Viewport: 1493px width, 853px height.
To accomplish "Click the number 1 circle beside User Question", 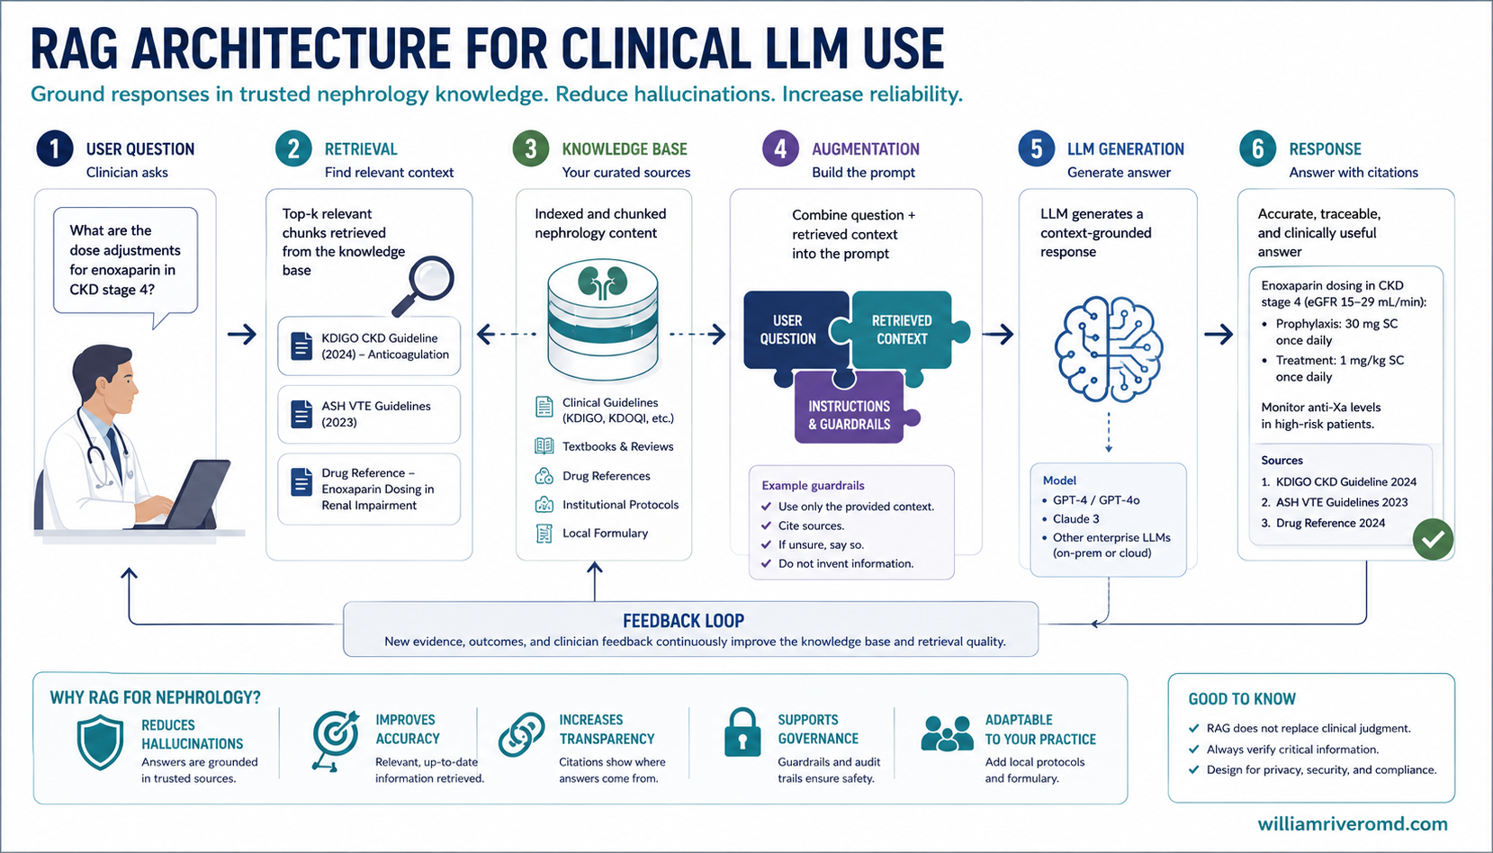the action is (x=55, y=148).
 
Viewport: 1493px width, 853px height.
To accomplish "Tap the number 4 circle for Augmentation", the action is (x=780, y=148).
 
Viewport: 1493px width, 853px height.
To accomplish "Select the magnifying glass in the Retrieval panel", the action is (x=424, y=286).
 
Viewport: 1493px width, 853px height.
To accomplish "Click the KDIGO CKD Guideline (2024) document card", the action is (x=369, y=346).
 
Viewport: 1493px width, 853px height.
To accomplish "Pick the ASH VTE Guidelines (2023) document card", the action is (x=369, y=414).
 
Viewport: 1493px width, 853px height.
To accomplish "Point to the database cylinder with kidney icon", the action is (x=603, y=320).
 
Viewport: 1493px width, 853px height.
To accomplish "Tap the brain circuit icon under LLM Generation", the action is (x=1109, y=348).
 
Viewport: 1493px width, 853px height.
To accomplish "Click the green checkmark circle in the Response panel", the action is (x=1433, y=539).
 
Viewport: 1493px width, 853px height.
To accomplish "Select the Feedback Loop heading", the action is (x=683, y=621).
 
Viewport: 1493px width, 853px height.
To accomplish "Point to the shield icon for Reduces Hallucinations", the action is (x=100, y=742).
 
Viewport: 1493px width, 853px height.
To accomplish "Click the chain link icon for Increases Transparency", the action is (x=521, y=734).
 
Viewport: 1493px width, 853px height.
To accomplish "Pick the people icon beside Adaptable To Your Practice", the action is (x=947, y=733).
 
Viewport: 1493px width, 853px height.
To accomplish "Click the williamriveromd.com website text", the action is (x=1353, y=824).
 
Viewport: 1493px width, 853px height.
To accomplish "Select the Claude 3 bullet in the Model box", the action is (x=1070, y=519).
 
